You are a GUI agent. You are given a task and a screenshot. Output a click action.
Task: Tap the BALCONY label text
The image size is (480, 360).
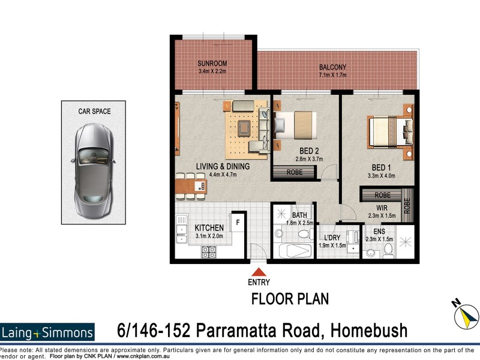[332, 67]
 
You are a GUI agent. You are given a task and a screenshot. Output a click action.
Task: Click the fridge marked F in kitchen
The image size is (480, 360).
[238, 221]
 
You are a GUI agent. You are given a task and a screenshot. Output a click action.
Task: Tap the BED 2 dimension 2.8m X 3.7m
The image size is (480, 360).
[309, 159]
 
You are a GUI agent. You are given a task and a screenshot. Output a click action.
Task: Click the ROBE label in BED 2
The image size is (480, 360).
[293, 173]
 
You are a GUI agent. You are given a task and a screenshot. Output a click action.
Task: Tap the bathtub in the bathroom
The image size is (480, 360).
[293, 250]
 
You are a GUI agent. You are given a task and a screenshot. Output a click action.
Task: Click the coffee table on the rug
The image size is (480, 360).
[245, 127]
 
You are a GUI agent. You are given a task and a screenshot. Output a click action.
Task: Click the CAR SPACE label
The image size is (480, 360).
[94, 111]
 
